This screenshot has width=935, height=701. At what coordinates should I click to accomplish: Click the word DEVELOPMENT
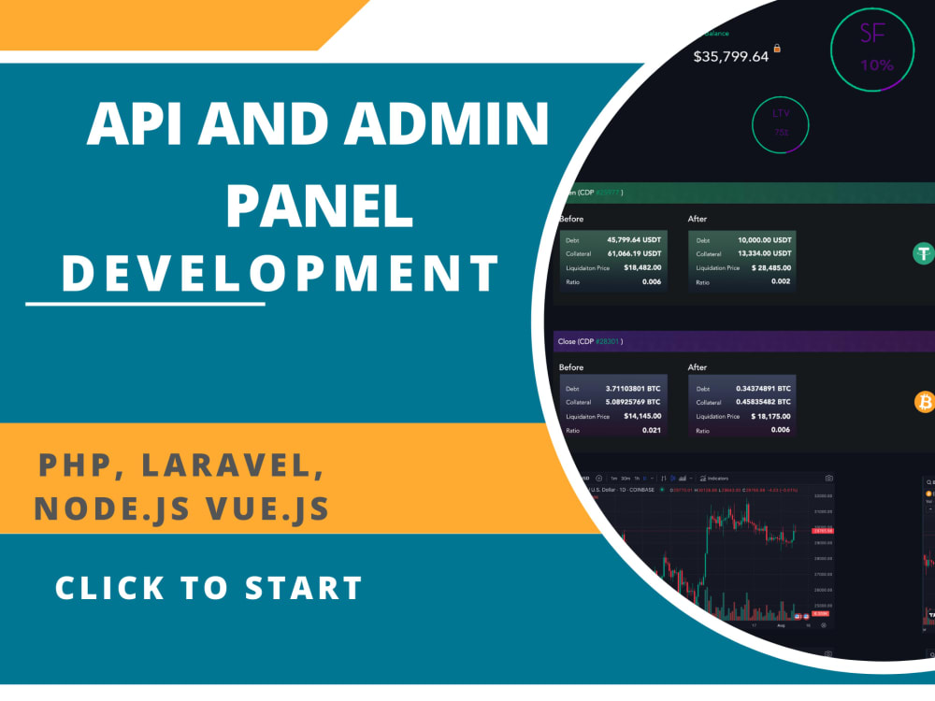tap(280, 273)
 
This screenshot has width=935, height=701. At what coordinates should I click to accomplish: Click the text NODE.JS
tap(117, 508)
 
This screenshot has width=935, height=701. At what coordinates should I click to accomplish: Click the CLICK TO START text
tap(209, 588)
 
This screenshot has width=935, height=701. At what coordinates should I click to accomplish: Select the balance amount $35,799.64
tap(730, 56)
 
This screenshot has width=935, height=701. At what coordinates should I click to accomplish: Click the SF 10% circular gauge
tap(871, 50)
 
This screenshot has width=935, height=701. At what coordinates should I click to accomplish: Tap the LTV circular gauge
tap(781, 124)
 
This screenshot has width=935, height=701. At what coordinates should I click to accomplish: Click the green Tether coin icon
tap(926, 253)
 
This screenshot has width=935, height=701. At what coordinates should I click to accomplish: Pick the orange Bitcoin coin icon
tap(925, 402)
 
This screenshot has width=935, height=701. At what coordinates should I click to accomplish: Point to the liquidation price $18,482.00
tap(640, 267)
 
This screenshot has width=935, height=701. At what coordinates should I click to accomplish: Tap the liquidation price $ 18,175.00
tap(764, 416)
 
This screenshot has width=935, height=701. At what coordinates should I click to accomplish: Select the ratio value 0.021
tap(651, 430)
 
